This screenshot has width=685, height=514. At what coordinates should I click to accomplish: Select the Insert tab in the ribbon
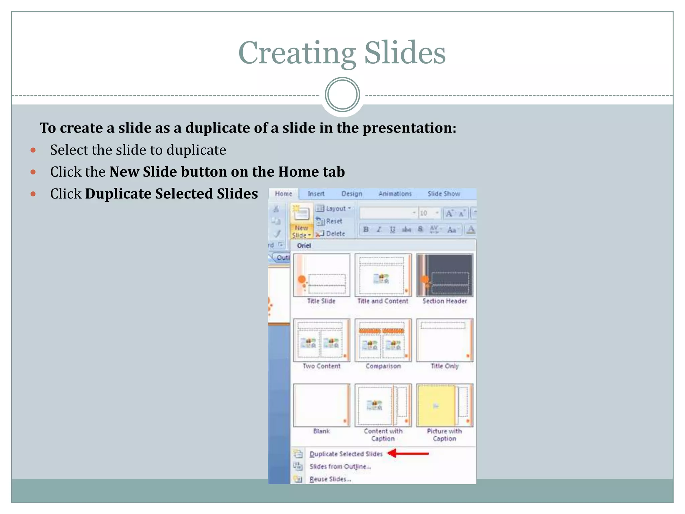316,194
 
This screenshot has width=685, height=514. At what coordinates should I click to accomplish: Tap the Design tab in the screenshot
352,194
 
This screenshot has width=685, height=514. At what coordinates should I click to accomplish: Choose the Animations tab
395,194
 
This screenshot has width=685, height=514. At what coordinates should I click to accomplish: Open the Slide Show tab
444,194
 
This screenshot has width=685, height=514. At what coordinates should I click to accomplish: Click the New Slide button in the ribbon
301,221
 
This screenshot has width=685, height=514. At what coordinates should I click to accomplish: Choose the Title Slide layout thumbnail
321,275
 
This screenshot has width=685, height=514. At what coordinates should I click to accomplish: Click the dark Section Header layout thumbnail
445,275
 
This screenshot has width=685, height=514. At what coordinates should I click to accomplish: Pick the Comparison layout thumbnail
383,340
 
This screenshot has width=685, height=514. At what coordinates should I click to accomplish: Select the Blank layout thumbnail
321,405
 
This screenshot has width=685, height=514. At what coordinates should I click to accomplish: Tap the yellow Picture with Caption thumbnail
445,405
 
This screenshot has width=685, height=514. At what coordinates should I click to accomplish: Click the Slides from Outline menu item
340,466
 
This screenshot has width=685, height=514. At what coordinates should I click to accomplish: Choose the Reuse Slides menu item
330,479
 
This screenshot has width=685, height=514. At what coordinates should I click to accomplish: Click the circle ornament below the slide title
342,95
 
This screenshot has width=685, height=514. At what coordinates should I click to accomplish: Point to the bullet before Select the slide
33,150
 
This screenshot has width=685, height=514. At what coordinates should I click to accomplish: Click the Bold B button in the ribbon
366,230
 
